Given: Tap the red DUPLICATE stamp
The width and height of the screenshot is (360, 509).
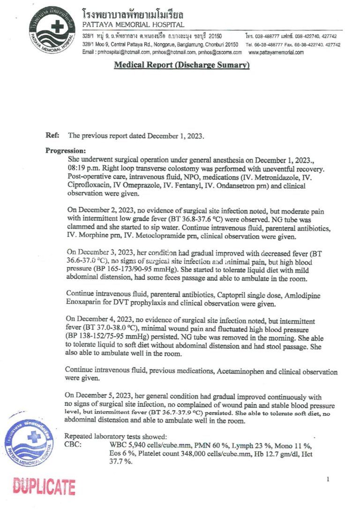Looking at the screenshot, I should [44, 487].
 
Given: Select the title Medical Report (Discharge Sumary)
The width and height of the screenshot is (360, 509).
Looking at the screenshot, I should [182, 65].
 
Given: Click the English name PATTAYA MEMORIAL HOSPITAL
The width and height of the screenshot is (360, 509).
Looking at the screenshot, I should [133, 24].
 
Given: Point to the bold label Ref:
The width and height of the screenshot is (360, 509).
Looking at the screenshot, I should [52, 135].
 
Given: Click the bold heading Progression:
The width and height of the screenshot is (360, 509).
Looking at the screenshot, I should [66, 151].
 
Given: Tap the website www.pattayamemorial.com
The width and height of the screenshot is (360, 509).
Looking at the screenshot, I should [276, 52].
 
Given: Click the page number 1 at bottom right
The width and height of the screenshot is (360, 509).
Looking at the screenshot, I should [328, 479].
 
